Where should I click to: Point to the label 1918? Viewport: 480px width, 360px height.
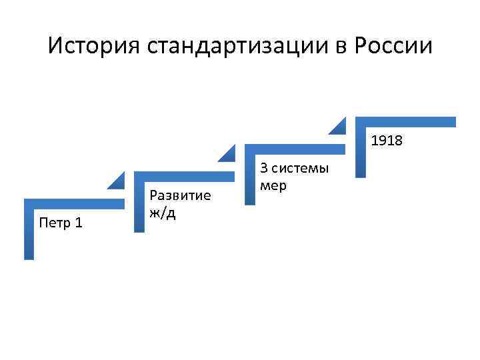tap(387, 141)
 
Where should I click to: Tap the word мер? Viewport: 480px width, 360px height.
tap(273, 185)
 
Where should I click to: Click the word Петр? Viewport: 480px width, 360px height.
tap(52, 223)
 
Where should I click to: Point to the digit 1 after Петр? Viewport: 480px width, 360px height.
tap(79, 223)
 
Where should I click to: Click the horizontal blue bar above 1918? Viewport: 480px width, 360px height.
tap(406, 122)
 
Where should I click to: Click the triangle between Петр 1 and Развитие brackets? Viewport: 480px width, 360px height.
tap(118, 179)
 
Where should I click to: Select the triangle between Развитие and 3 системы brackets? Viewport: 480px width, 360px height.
tap(229, 153)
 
